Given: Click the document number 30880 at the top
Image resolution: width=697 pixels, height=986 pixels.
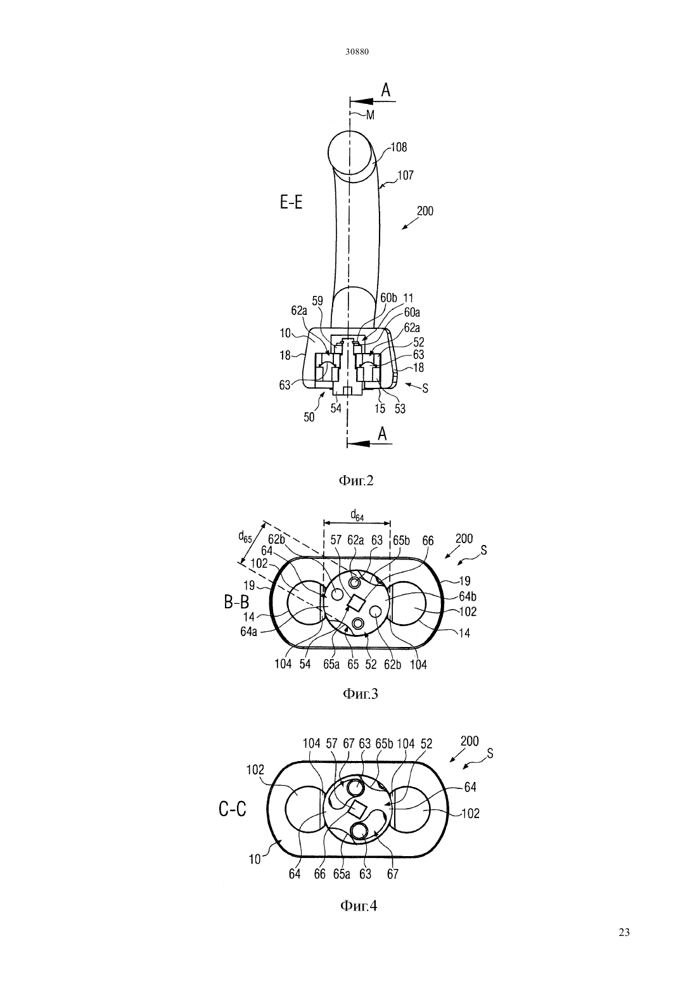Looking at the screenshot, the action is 357,51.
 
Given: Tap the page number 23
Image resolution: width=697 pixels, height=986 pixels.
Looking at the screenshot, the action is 624,932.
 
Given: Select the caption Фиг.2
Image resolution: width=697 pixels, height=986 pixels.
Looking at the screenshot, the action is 355,481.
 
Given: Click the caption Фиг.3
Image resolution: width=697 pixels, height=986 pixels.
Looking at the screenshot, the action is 360,694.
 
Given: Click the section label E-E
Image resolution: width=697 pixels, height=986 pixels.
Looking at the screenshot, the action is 291,203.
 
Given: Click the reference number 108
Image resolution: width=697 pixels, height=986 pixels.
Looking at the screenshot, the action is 399,147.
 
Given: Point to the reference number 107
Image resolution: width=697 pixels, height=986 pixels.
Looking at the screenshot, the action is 406,175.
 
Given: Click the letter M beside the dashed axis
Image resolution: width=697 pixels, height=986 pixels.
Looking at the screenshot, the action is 370,115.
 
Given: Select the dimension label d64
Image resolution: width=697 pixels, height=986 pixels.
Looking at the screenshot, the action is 357,515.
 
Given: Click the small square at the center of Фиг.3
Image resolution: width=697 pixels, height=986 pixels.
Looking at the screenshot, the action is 356,603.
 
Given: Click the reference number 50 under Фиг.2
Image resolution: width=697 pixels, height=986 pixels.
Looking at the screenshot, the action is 309,417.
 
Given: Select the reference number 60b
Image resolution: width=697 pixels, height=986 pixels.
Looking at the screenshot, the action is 389,298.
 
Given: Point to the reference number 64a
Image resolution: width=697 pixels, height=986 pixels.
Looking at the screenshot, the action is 248,632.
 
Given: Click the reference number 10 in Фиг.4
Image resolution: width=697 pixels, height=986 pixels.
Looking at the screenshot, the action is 255,859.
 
